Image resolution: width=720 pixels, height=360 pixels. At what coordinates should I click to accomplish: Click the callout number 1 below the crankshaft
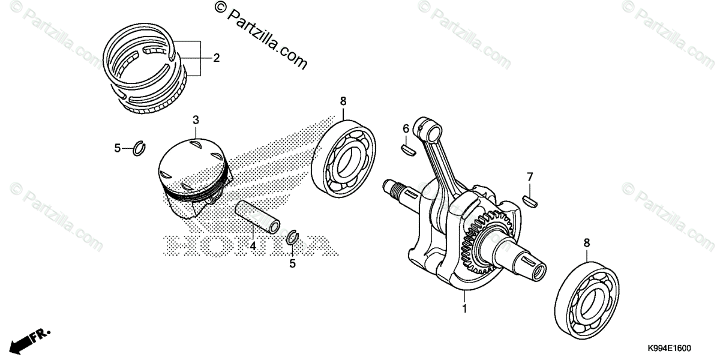pyautogui.click(x=463, y=310)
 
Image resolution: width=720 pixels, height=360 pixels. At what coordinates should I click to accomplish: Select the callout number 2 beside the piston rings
pyautogui.click(x=215, y=58)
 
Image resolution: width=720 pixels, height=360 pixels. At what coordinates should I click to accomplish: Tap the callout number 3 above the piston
pyautogui.click(x=196, y=121)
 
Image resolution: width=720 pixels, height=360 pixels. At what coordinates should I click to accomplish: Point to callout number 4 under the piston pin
pyautogui.click(x=253, y=246)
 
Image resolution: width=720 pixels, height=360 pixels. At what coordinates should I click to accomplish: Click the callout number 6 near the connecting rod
pyautogui.click(x=406, y=128)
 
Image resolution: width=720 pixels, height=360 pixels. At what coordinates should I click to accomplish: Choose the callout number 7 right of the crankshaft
pyautogui.click(x=529, y=177)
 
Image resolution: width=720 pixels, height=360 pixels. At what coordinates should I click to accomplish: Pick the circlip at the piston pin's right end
pyautogui.click(x=293, y=237)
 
